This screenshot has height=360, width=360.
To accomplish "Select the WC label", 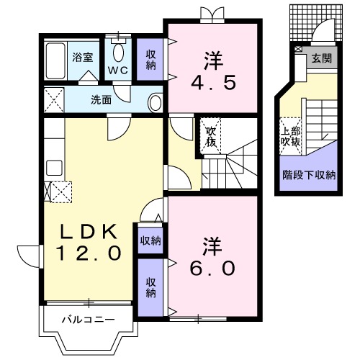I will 119,70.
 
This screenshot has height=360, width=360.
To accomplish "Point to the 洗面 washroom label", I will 102,100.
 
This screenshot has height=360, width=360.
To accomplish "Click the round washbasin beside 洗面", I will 156,102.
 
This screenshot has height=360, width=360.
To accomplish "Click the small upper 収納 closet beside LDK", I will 150,240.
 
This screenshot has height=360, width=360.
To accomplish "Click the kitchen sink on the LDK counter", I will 53,168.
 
